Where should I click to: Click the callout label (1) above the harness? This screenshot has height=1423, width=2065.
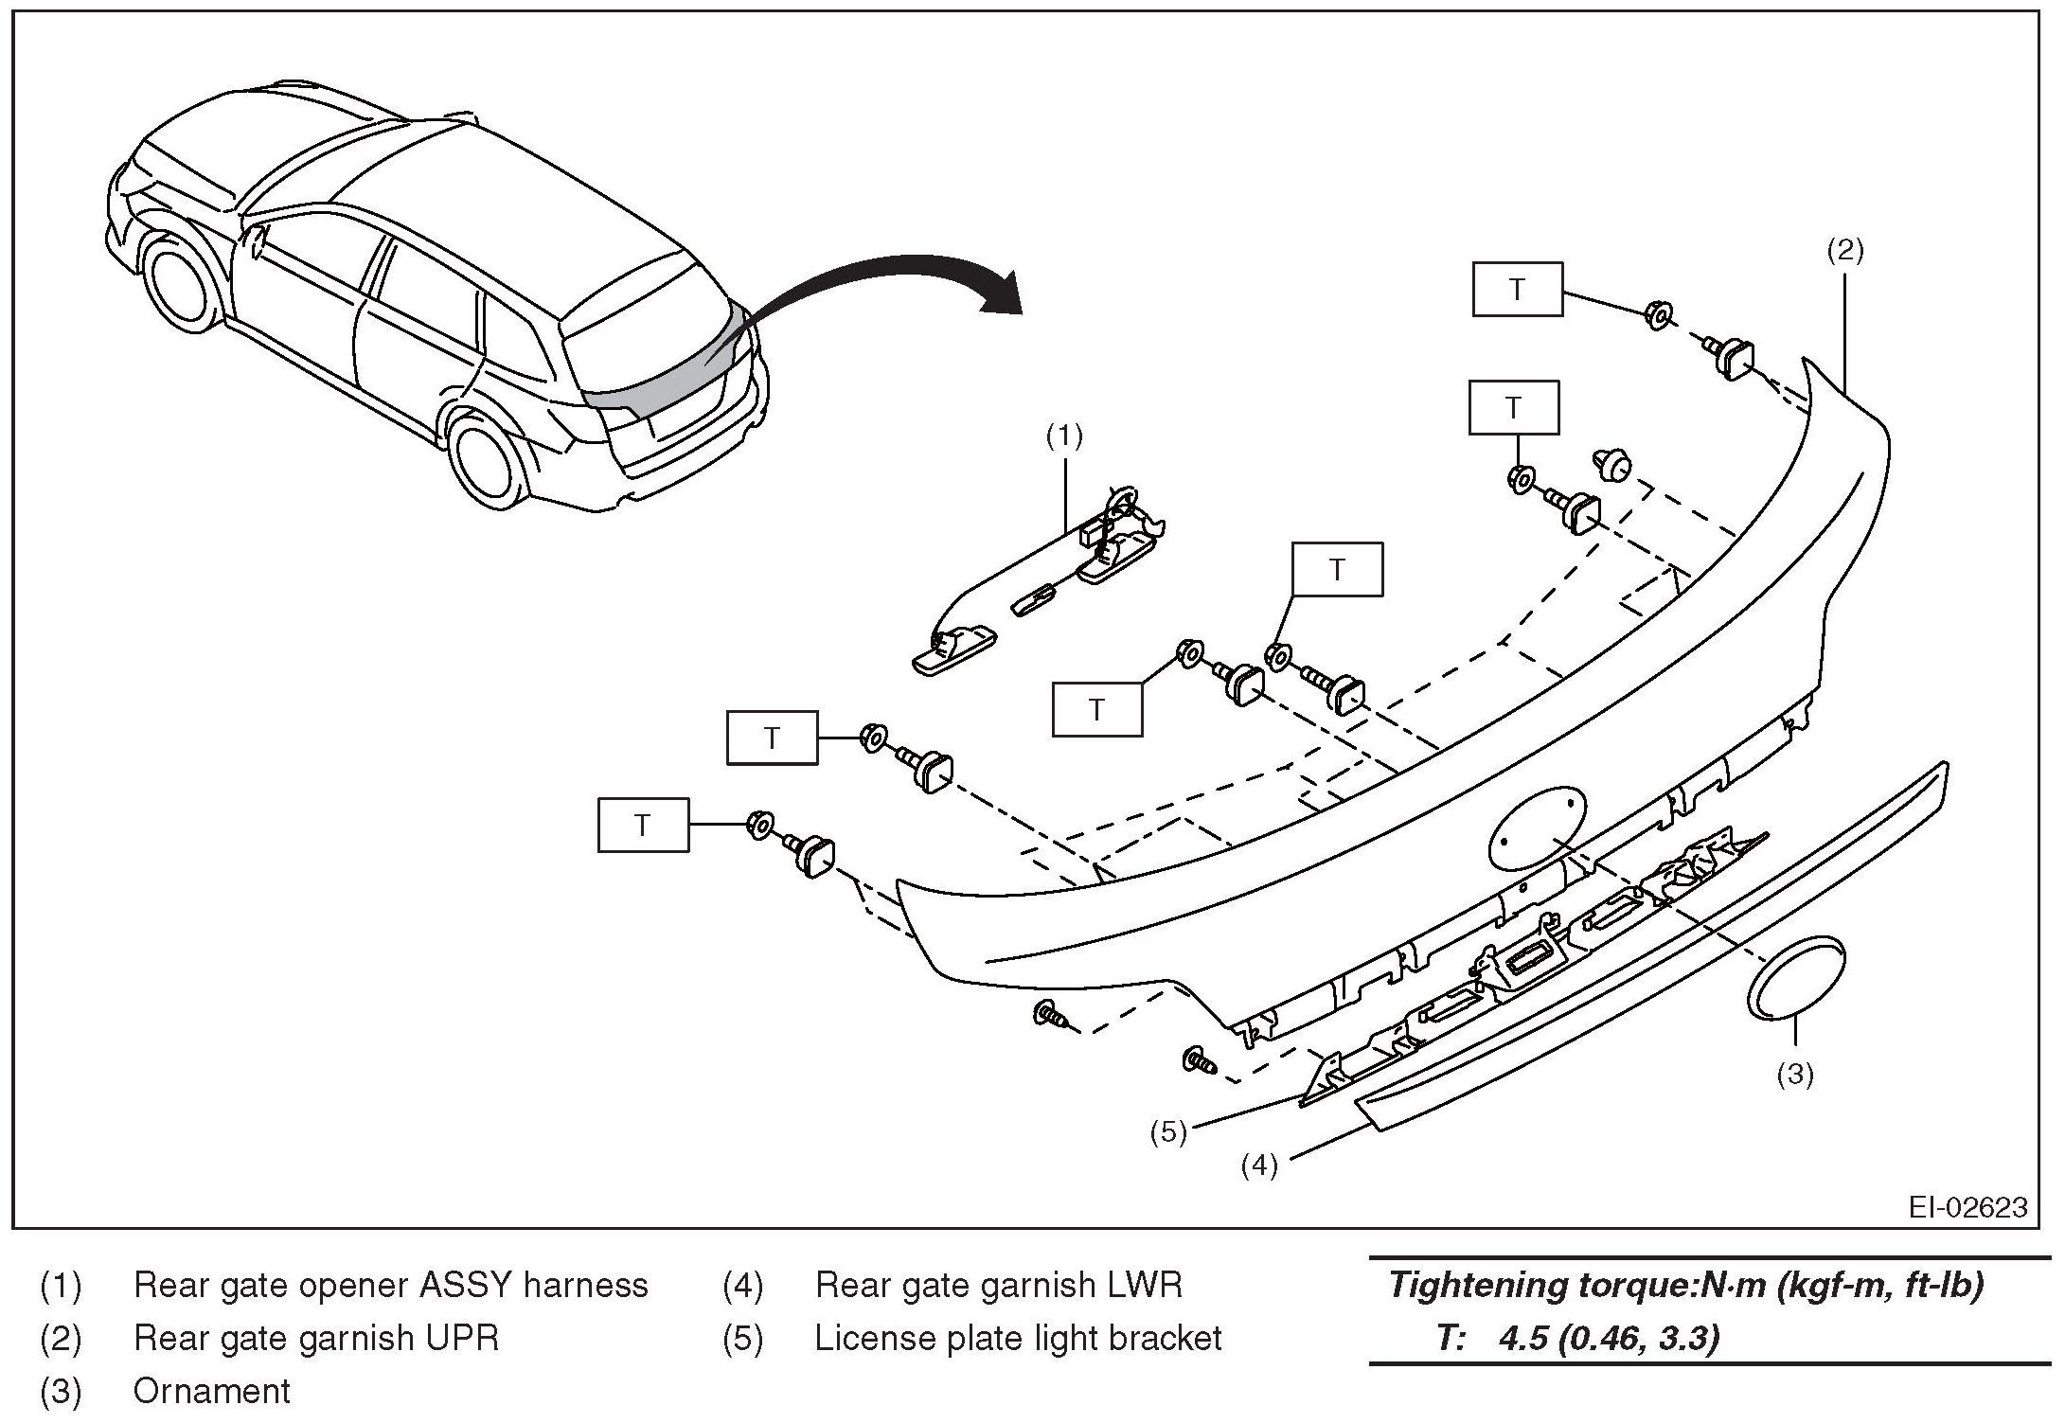(1064, 436)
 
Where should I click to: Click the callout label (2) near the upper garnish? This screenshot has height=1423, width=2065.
(1844, 250)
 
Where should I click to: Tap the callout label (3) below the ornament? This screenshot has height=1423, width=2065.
(1794, 1074)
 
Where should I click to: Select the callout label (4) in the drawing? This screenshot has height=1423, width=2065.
(1259, 1165)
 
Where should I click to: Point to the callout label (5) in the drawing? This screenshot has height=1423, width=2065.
(1168, 1132)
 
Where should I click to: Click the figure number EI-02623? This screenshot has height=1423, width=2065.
(1968, 1207)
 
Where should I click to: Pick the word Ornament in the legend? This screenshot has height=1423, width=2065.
(211, 1391)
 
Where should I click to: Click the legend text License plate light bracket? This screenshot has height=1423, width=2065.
(1018, 1338)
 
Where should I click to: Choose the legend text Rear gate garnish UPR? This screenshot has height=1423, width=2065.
(316, 1338)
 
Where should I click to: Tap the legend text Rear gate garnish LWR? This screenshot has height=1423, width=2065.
(999, 1285)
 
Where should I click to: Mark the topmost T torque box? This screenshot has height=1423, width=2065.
(1517, 289)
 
